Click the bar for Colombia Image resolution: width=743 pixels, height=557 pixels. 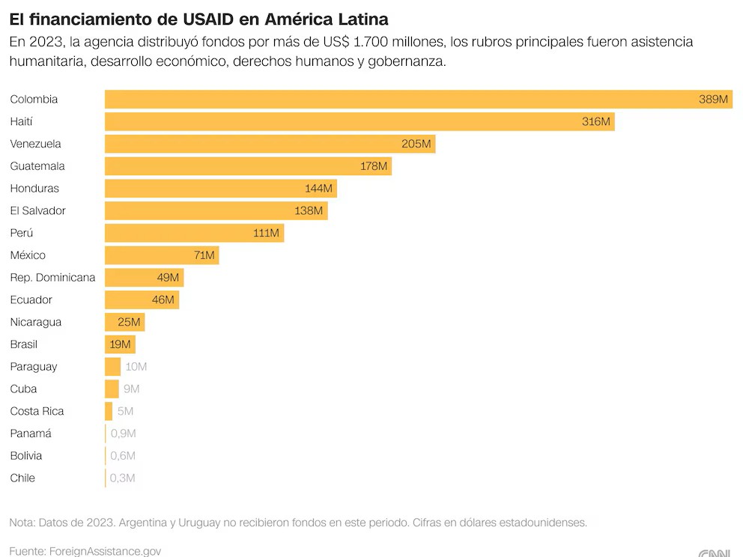tap(404, 100)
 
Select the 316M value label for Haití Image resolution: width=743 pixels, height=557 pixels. tap(596, 121)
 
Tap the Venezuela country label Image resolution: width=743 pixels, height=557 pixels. tap(36, 144)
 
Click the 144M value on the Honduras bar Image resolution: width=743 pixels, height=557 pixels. tap(319, 189)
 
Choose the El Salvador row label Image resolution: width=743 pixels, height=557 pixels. tap(38, 210)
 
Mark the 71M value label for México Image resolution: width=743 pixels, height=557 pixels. tap(204, 255)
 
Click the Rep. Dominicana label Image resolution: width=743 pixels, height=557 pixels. tap(52, 278)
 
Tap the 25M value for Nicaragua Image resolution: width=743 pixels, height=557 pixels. tap(130, 322)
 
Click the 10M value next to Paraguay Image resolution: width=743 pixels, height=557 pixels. tap(136, 367)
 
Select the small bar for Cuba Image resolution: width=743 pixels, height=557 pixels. tap(112, 389)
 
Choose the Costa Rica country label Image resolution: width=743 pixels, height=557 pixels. tap(37, 411)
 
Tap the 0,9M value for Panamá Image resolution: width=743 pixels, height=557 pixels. tap(123, 433)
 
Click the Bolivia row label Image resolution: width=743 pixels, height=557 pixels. tap(26, 456)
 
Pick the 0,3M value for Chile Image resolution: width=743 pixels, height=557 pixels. tap(123, 478)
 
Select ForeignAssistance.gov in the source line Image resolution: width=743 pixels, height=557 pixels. tap(105, 551)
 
